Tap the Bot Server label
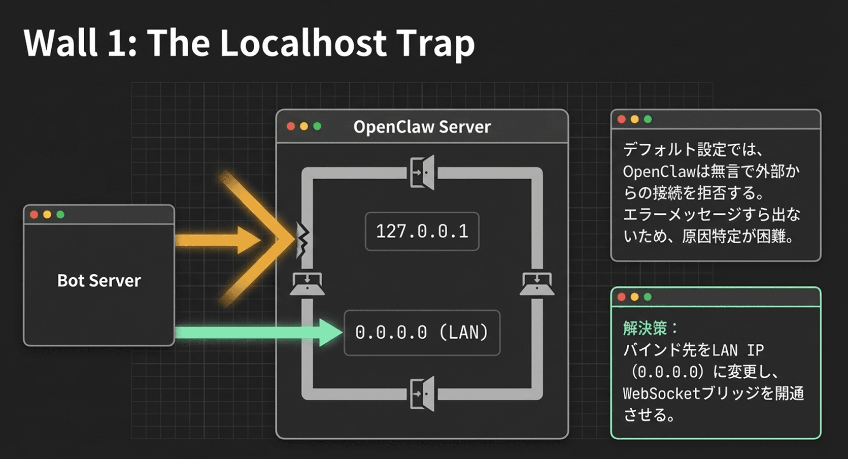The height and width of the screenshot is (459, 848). [99, 281]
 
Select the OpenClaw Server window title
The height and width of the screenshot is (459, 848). [422, 127]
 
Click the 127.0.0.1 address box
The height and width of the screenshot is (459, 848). [422, 232]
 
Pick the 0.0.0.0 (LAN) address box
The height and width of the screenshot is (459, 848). [422, 333]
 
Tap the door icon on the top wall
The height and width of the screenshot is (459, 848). [422, 173]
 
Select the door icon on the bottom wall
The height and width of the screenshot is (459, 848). [422, 394]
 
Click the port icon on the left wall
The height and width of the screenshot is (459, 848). [307, 284]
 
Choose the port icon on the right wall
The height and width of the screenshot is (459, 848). [537, 284]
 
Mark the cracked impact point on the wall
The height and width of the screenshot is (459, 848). [302, 240]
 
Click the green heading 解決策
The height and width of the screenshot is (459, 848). [645, 329]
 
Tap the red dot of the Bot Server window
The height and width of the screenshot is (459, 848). [35, 214]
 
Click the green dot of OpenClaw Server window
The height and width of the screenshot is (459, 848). [317, 126]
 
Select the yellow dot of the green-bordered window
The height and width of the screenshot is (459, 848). [634, 297]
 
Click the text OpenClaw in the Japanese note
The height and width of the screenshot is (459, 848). [659, 172]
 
